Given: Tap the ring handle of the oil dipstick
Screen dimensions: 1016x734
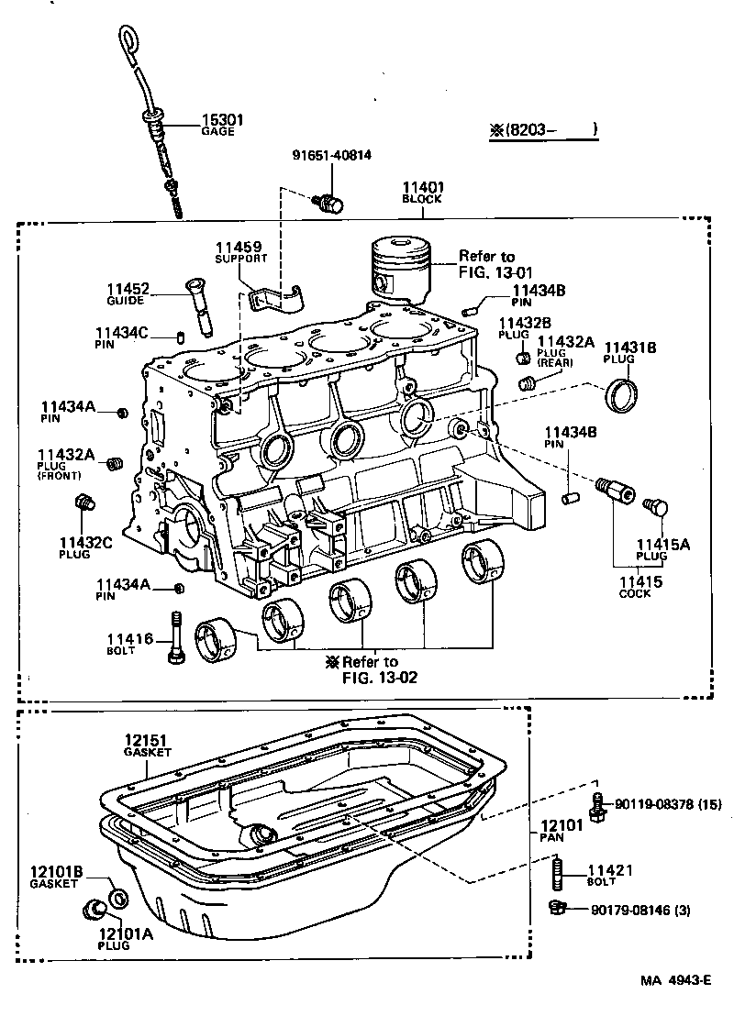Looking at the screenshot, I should [x=127, y=42].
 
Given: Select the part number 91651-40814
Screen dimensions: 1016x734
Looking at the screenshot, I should [x=331, y=155].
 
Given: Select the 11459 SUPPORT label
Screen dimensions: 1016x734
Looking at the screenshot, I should [x=239, y=251].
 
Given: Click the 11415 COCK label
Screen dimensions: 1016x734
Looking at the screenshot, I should [x=636, y=586].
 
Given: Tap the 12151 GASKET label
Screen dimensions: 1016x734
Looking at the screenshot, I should [x=149, y=744].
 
